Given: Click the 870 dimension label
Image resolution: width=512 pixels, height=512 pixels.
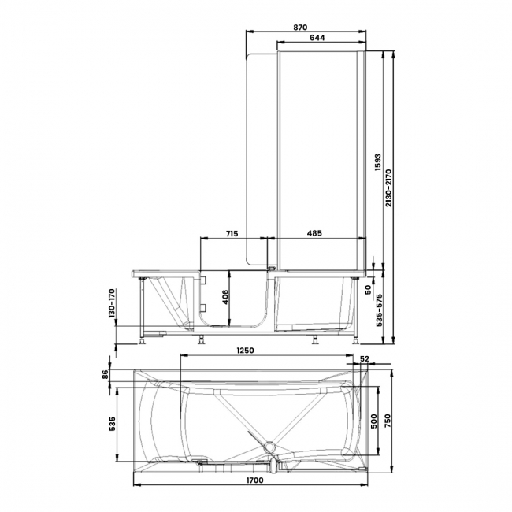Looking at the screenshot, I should point(299,26).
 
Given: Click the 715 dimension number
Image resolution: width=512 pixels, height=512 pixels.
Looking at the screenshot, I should point(232,234).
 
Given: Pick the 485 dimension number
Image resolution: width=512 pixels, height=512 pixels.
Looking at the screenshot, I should point(314,234).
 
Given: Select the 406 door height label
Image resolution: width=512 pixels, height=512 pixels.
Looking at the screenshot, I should point(224,297).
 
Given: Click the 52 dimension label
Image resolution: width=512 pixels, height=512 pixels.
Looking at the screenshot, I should point(364,359).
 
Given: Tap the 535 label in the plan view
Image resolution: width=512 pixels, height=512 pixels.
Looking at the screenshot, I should point(112,424).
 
